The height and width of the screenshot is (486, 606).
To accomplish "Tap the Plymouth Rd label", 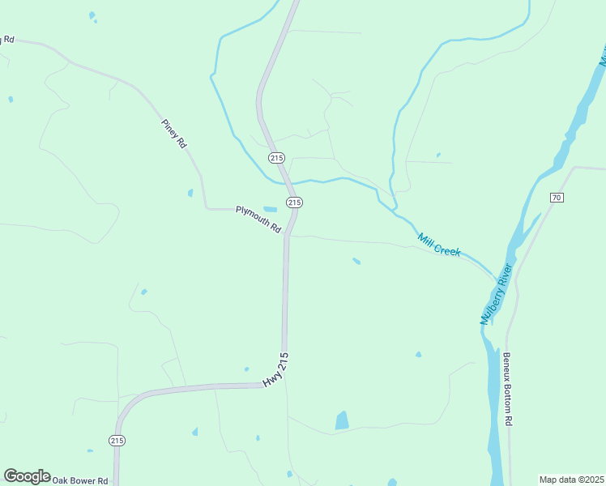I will click(x=258, y=220).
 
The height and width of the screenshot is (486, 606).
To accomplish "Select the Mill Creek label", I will click(x=439, y=245).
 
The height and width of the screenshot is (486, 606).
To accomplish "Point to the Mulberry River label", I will click(x=496, y=295).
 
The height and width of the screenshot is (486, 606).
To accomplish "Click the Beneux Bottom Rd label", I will click(x=508, y=389).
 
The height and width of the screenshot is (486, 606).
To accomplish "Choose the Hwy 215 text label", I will click(x=275, y=369).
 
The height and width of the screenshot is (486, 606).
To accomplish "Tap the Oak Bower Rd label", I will click(x=80, y=480).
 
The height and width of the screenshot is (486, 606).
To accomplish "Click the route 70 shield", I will click(x=556, y=198).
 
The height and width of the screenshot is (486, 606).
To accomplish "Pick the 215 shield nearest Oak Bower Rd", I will click(x=117, y=440).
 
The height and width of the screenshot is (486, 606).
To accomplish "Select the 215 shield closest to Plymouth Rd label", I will click(x=293, y=202).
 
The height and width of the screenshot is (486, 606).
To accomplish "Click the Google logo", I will click(x=27, y=476).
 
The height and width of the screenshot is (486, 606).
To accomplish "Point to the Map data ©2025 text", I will click(x=570, y=480).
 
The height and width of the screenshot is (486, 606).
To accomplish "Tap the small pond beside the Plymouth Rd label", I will click(x=270, y=210).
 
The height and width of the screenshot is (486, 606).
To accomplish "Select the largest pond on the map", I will click(x=342, y=420).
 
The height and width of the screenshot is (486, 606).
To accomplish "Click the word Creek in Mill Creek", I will click(x=448, y=250).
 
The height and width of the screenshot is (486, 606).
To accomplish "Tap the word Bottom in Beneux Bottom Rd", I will click(x=508, y=393).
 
